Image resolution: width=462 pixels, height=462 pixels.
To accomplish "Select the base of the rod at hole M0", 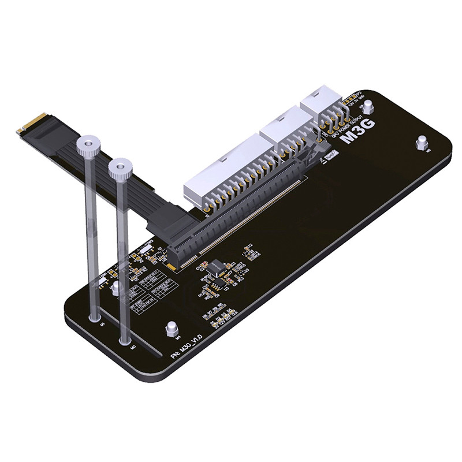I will click(125, 341).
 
